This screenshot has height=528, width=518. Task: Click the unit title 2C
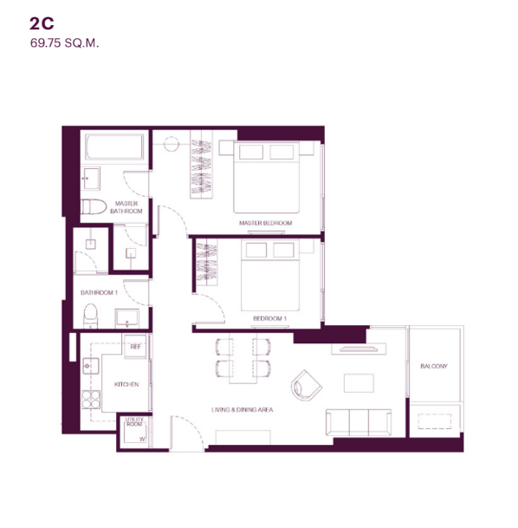pos(42,23)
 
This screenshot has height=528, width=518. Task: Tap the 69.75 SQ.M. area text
pos(65,43)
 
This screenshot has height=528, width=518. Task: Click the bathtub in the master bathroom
pos(114,147)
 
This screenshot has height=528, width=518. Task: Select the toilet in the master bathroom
pos(94,206)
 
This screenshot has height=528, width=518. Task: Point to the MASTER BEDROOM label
pos(265,223)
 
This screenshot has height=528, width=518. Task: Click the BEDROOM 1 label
pos(269,318)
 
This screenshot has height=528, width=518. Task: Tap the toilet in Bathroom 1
pos(90,316)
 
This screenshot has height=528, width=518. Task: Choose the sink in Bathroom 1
pos(126,318)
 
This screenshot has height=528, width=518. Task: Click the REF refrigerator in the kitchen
pos(135,347)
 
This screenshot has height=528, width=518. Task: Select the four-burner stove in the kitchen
pos(91,400)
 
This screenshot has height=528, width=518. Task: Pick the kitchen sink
pos(91,366)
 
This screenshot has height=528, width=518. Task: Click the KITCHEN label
pos(126,384)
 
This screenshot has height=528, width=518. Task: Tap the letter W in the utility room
pos(142,439)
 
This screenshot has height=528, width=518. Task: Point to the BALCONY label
pos(434,366)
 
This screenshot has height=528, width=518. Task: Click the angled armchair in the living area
pos(306,386)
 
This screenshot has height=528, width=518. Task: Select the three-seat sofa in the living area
pos(359,422)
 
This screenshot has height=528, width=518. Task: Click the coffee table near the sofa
pos(359,383)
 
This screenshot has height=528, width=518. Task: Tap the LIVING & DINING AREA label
pos(243,410)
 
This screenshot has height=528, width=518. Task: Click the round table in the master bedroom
pos(172,144)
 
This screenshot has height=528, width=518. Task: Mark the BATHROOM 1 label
pos(99,293)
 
